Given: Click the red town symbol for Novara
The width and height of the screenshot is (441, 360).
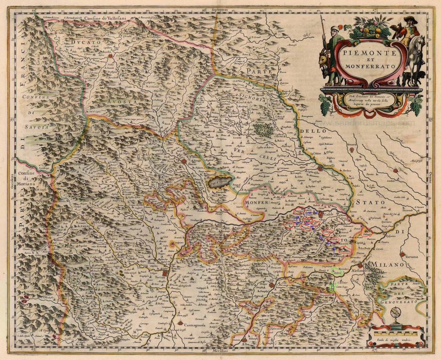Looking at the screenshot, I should click(x=352, y=150).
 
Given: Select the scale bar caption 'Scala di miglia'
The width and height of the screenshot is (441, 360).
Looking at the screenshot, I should click(x=396, y=341).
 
